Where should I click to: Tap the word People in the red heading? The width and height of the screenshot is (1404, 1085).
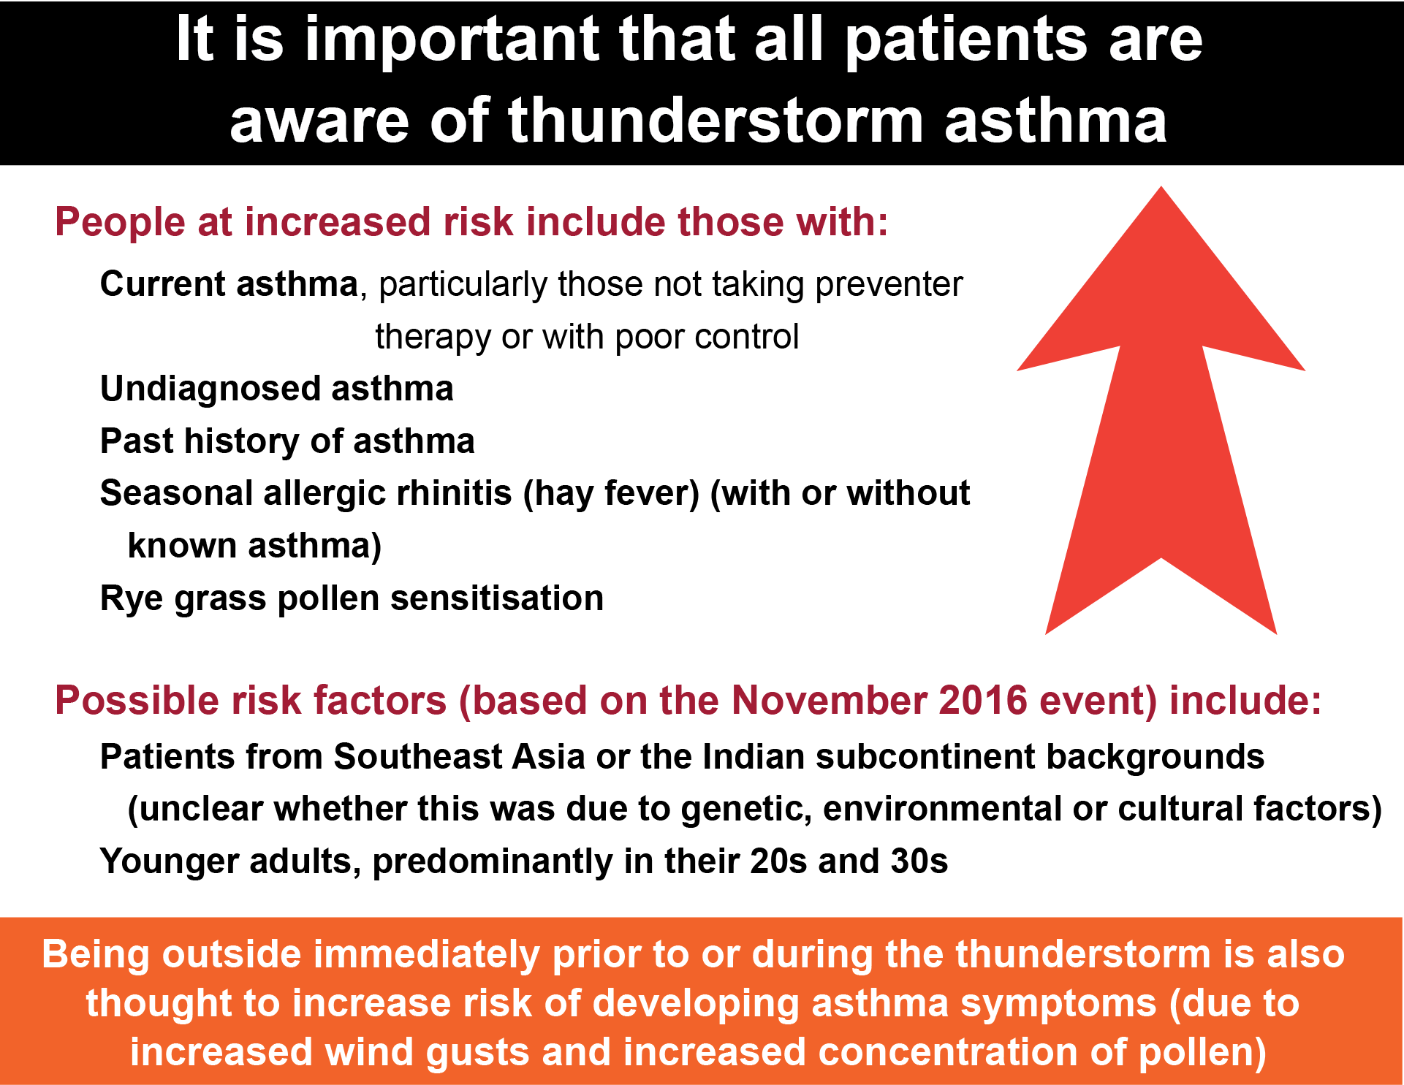(120, 222)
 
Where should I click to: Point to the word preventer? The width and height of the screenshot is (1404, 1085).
(889, 285)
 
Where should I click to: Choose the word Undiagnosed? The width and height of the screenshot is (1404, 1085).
(210, 389)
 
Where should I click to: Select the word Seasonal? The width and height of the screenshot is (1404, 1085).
(176, 493)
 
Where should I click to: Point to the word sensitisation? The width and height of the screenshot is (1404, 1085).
(497, 598)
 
